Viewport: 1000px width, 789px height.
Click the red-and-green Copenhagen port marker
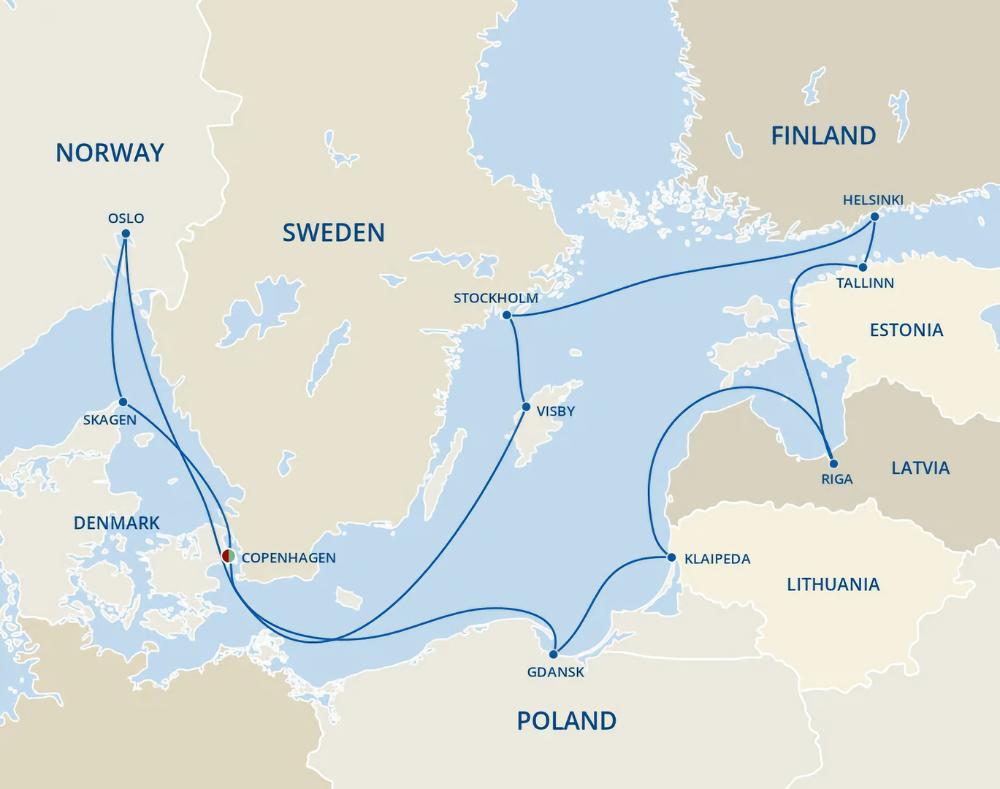(x=228, y=556)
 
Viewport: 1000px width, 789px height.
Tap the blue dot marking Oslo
(x=126, y=234)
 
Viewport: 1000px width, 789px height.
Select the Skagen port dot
(x=123, y=402)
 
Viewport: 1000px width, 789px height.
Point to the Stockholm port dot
(x=507, y=315)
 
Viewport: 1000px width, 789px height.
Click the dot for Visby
(x=526, y=407)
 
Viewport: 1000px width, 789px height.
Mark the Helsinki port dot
(x=875, y=216)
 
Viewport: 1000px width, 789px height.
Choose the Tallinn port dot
(x=863, y=267)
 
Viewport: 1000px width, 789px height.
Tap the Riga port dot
(x=833, y=463)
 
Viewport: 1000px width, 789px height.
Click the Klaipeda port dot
(x=671, y=557)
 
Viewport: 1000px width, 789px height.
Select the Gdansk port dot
(x=554, y=654)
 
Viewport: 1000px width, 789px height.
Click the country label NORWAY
(x=110, y=153)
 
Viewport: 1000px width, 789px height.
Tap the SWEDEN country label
(x=333, y=232)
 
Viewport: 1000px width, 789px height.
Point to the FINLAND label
(x=823, y=136)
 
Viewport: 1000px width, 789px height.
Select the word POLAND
(x=566, y=721)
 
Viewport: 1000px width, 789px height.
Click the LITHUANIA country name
(x=833, y=584)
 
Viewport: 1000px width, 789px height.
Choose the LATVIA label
(x=920, y=468)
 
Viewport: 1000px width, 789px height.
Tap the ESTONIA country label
(x=906, y=330)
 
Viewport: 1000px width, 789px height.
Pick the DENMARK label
(x=116, y=523)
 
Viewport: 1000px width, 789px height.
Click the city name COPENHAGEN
(x=289, y=558)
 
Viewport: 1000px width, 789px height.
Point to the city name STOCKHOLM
(x=495, y=298)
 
